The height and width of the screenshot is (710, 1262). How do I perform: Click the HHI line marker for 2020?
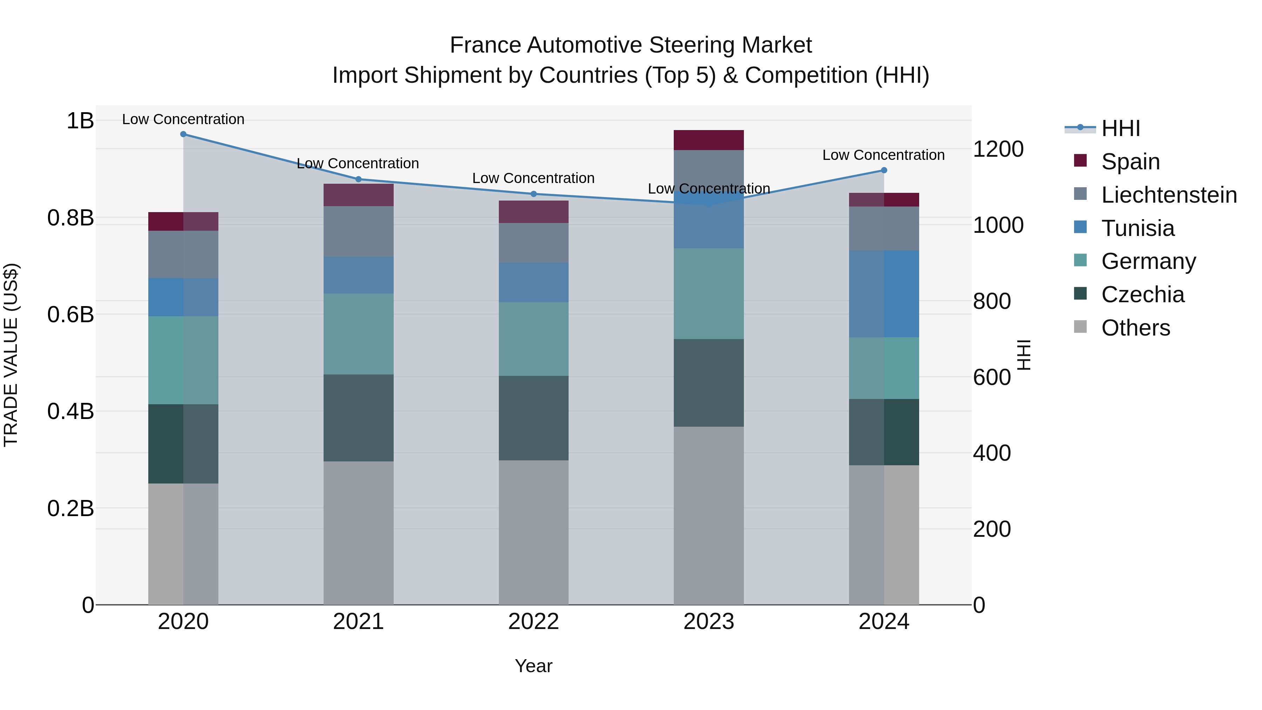click(183, 134)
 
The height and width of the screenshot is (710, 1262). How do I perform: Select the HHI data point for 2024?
click(884, 170)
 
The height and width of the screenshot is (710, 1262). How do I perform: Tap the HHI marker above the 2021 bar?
click(358, 179)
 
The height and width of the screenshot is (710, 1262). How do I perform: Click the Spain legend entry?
click(1130, 161)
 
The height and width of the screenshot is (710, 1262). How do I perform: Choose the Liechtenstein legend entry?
click(1169, 195)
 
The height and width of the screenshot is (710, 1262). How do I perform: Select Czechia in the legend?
click(1142, 295)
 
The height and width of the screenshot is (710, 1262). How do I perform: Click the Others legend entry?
click(1135, 328)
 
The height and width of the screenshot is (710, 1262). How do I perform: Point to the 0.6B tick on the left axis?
click(70, 314)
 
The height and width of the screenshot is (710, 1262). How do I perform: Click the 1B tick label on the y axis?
click(80, 121)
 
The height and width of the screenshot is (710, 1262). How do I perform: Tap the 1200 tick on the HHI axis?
click(998, 149)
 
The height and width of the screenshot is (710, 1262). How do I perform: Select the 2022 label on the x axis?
click(534, 622)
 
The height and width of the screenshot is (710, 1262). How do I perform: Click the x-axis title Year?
click(534, 666)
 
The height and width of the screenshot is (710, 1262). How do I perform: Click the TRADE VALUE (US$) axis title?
click(11, 355)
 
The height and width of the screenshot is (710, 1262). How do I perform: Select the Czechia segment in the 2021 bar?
click(358, 418)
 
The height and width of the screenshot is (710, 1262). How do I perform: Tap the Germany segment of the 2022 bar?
click(534, 339)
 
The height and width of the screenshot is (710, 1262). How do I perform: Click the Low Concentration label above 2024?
click(883, 155)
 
